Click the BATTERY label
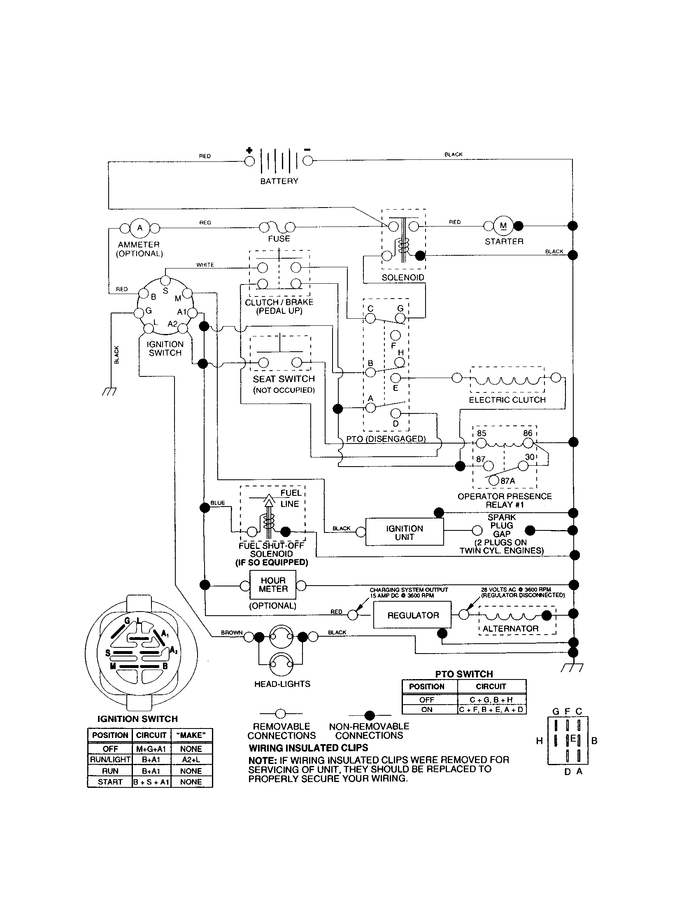[279, 181]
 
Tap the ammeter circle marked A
[140, 227]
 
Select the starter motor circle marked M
[503, 226]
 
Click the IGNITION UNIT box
[404, 532]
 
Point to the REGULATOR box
[412, 615]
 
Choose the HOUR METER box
[273, 584]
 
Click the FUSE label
[279, 238]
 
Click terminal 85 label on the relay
[481, 433]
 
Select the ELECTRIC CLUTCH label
[507, 400]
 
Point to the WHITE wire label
[205, 265]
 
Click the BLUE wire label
[218, 503]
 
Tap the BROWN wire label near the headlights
[232, 633]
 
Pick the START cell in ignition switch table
[110, 782]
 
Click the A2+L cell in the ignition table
[191, 759]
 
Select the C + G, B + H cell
[491, 700]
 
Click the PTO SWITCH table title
[464, 674]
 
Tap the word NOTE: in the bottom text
[263, 760]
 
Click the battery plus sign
[249, 150]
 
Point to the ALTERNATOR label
[510, 628]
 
